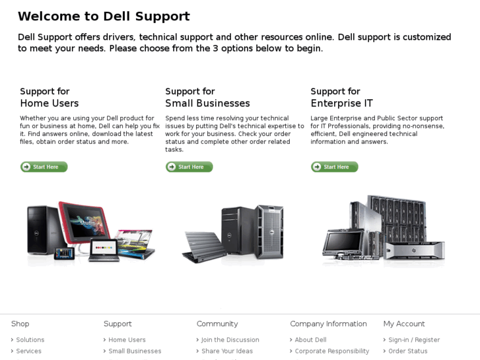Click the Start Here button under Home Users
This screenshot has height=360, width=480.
coord(44,166)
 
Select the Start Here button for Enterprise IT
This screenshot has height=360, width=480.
coord(335,166)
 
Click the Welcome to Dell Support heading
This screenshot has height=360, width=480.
coord(104,17)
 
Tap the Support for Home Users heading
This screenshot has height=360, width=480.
coord(50,97)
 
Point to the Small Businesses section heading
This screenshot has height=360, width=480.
coord(207,97)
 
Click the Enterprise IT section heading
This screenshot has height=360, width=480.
coord(341,97)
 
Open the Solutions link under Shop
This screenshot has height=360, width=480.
coord(30,340)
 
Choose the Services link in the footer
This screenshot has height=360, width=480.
coord(28,351)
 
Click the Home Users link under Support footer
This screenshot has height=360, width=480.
coord(127,340)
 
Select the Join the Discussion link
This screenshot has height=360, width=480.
coord(230,340)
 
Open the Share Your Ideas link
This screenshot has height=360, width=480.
coord(227,351)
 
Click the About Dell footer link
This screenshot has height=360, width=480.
coord(310,340)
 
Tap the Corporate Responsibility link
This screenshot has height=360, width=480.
coord(332,351)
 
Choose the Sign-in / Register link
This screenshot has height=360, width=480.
coord(414,340)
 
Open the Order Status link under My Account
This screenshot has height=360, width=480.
coord(408,351)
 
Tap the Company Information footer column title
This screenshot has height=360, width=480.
coord(328,324)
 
